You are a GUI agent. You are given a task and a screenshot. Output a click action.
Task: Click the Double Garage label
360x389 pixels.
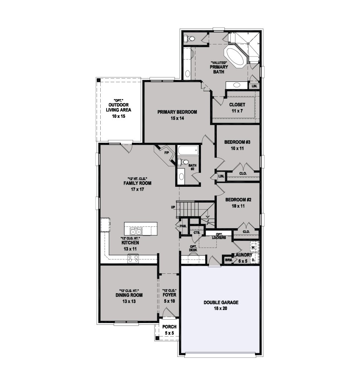pyautogui.click(x=221, y=302)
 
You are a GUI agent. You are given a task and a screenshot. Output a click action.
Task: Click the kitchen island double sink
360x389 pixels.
pyautogui.click(x=136, y=232)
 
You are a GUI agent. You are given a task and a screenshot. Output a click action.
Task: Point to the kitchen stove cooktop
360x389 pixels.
pyautogui.click(x=133, y=258)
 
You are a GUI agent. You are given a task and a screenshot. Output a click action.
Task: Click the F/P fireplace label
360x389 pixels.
pyautogui.click(x=166, y=153)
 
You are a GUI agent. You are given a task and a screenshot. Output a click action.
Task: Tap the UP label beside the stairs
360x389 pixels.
pyautogui.click(x=173, y=207)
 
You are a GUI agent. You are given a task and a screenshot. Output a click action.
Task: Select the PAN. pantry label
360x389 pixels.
pyautogui.click(x=183, y=226)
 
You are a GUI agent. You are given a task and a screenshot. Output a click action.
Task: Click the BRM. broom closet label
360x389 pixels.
pyautogui.click(x=228, y=260)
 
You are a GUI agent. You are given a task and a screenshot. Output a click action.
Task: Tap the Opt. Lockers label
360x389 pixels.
pyautogui.click(x=219, y=236)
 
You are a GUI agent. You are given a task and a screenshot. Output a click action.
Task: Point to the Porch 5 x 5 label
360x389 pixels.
pyautogui.click(x=169, y=330)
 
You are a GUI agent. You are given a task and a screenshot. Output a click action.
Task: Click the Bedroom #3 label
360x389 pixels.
pyautogui.click(x=237, y=142)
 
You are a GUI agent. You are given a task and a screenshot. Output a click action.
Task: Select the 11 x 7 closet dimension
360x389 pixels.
pyautogui.click(x=237, y=111)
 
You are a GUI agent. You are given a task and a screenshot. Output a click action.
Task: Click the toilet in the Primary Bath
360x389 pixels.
pyautogui.click(x=189, y=39)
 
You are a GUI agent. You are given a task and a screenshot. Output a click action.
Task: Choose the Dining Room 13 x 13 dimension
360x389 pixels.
pyautogui.click(x=129, y=301)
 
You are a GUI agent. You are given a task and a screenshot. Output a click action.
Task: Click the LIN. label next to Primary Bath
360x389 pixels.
pyautogui.click(x=254, y=86)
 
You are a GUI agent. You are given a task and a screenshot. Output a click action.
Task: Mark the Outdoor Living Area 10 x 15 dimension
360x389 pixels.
pyautogui.click(x=118, y=116)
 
